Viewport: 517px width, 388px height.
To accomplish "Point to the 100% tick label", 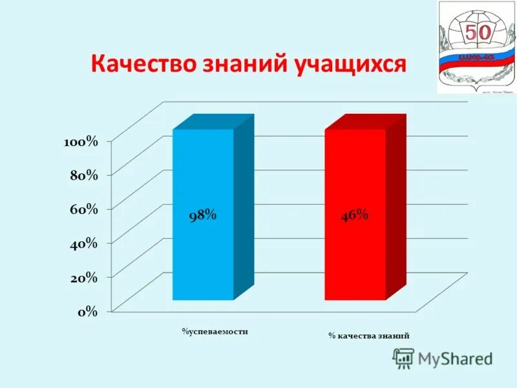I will tap(81, 142).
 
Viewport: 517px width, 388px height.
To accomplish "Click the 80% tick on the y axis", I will tap(84, 175).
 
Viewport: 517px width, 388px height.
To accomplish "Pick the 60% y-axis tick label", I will tap(84, 209).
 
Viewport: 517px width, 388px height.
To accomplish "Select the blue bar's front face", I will tap(202, 259).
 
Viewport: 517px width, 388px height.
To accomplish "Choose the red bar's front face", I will tap(355, 259).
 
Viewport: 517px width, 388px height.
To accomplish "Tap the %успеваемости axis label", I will tap(215, 332).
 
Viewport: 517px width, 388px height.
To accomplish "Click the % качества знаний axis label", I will tap(368, 336).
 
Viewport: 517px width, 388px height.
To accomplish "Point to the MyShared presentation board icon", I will tap(403, 358).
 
